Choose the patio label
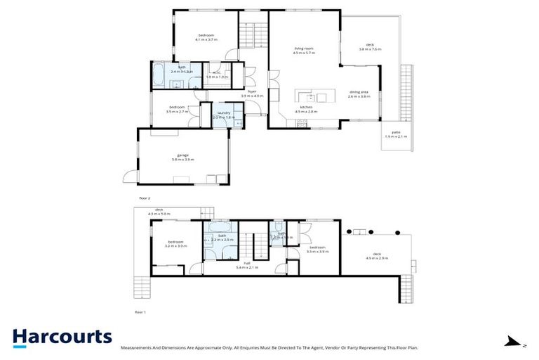(395, 134)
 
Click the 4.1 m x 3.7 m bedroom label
(206, 37)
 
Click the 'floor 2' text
(145, 198)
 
